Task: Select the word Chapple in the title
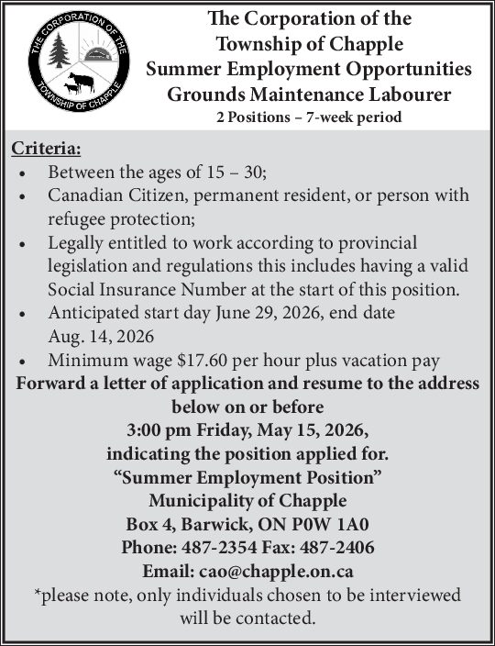(346, 43)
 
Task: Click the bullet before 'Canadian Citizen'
(22, 196)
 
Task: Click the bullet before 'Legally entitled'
(22, 244)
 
